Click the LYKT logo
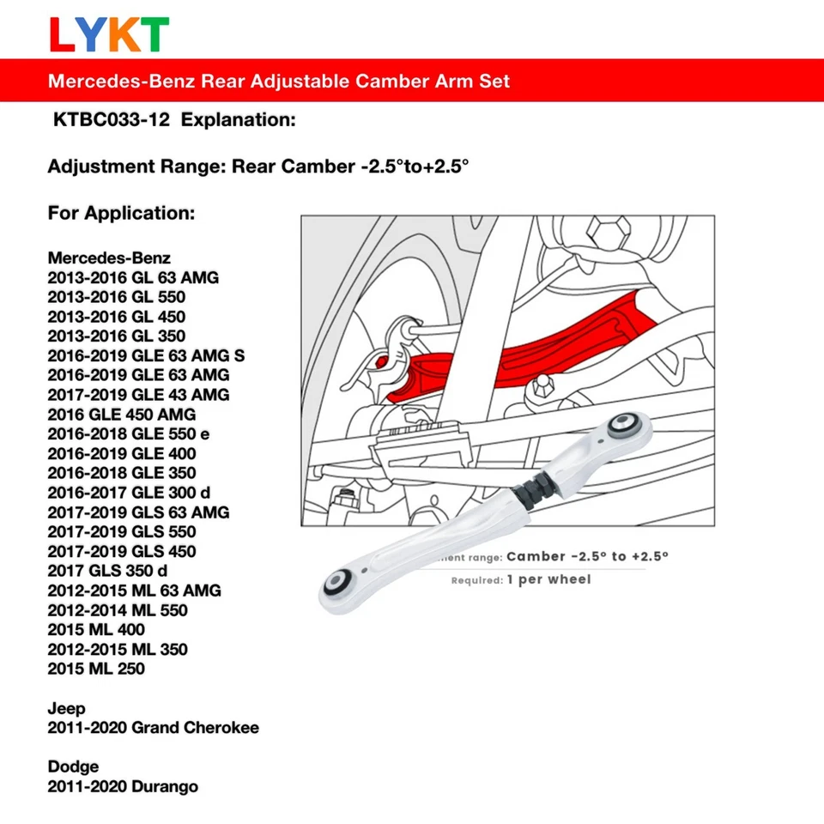click(x=108, y=33)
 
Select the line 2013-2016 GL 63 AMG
click(x=133, y=277)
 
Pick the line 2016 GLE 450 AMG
click(x=122, y=415)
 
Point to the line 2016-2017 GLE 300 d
click(x=129, y=493)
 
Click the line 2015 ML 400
click(x=96, y=629)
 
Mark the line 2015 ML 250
click(x=96, y=669)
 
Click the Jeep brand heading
click(x=67, y=708)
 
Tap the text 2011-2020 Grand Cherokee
click(x=153, y=728)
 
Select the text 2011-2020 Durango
click(x=123, y=786)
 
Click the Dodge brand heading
click(x=73, y=766)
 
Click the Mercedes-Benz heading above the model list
click(x=109, y=257)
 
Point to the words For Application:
click(x=121, y=212)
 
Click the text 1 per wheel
click(x=549, y=580)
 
